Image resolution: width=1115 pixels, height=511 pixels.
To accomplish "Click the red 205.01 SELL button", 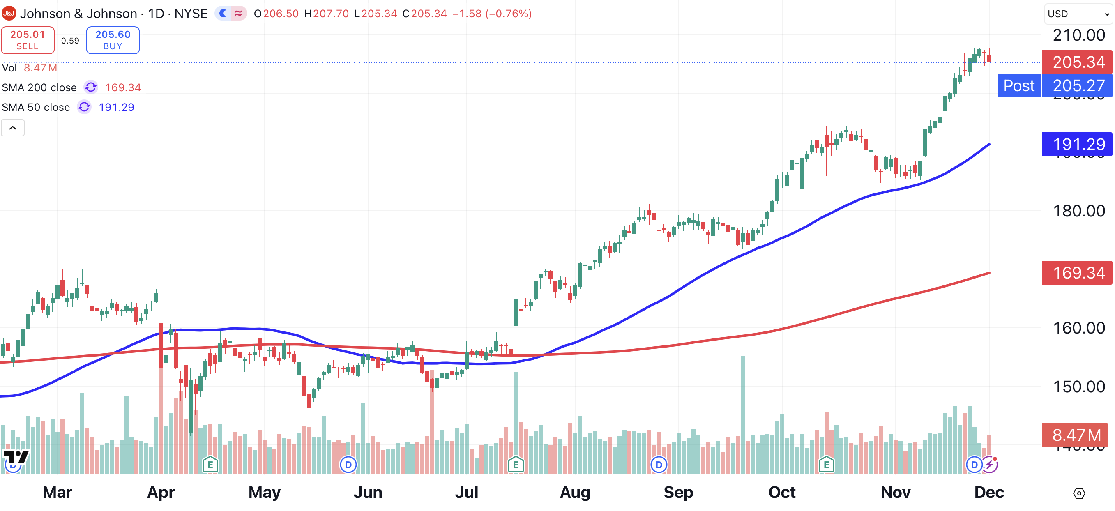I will pos(28,40).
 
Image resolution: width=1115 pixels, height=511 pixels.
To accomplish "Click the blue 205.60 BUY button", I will pos(113,40).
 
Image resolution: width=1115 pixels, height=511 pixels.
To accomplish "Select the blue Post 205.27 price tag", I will pos(1054,85).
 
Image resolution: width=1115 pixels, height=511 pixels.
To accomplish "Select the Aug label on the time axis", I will pos(575,493).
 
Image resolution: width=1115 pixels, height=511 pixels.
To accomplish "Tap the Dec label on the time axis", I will pos(988,493).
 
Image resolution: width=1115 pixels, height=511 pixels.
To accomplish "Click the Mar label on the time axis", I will pos(57,493).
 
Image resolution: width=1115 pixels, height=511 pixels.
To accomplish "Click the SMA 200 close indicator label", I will pos(39,87).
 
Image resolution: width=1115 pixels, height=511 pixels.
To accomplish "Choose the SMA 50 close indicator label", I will pos(35,107).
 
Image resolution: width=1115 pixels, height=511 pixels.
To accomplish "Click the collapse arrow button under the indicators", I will pos(13,128).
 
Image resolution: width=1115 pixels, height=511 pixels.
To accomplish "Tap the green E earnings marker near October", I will pos(826,465).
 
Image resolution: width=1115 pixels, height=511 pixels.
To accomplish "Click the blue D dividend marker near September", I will pos(659,465).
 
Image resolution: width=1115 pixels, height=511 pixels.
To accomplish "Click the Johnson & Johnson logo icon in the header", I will pos(9,14).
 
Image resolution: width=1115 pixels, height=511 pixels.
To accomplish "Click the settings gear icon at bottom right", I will pos(1079,493).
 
